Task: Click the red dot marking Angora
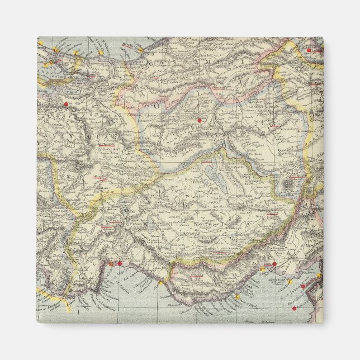click(199, 119)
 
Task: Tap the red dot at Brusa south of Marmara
click(66, 104)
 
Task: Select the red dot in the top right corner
click(308, 50)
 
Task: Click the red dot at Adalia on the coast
click(119, 263)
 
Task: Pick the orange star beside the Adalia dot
click(112, 263)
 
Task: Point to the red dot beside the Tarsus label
click(274, 263)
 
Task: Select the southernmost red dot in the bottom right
click(294, 308)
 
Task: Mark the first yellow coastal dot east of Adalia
click(160, 283)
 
